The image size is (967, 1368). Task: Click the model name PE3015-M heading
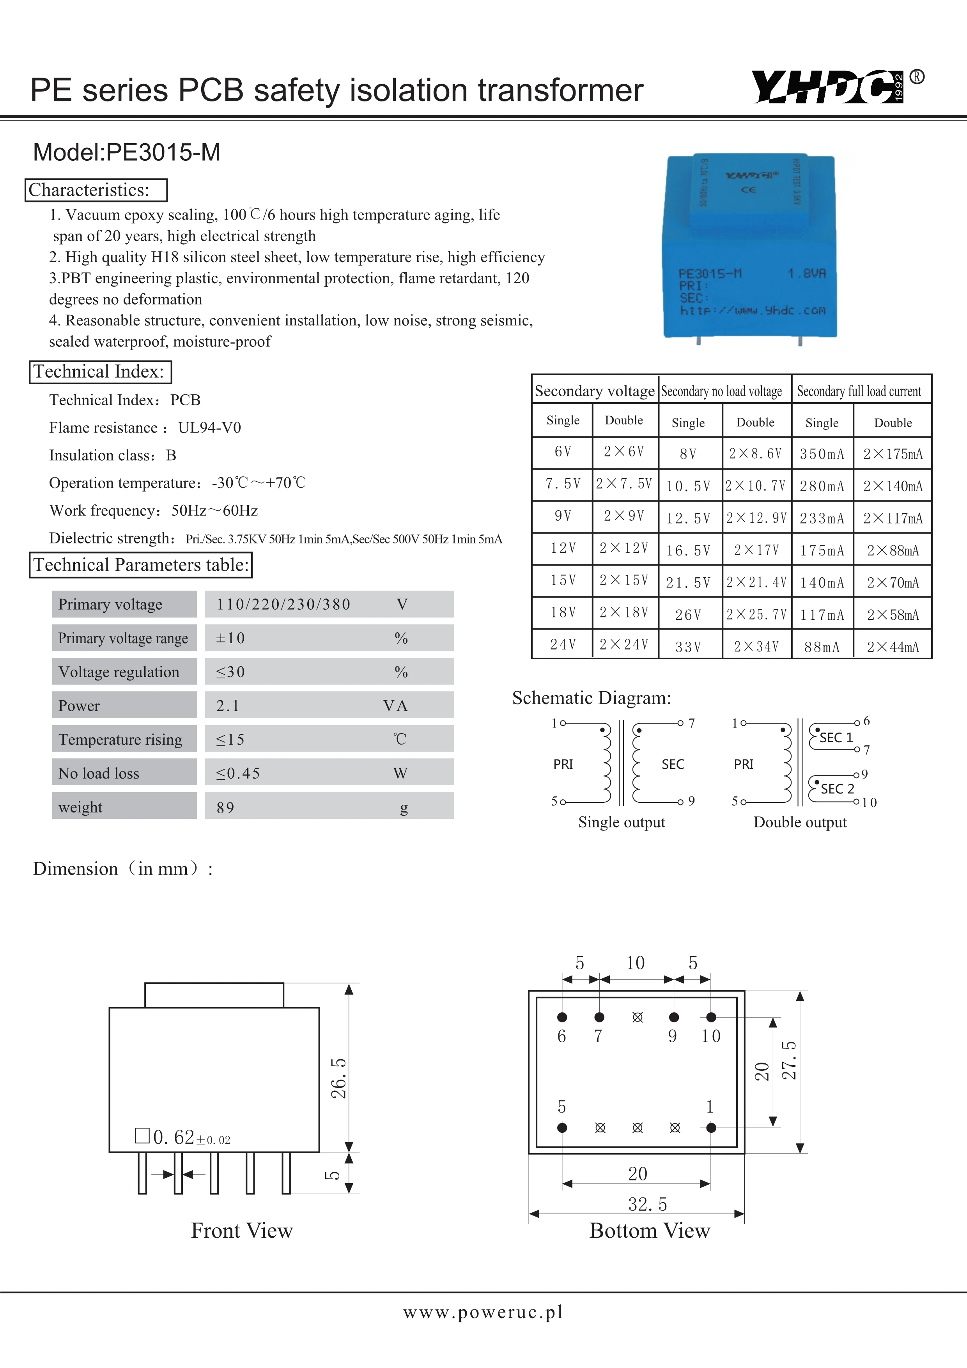click(126, 153)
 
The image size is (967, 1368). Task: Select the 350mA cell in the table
click(822, 454)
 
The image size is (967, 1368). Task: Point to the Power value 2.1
click(228, 706)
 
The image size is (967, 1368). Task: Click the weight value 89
click(226, 808)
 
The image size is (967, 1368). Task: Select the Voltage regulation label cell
click(119, 672)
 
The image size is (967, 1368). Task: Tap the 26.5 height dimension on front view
click(338, 1079)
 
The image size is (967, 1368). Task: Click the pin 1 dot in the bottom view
click(711, 1127)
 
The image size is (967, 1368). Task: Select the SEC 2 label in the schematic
click(837, 789)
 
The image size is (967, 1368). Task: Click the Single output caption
click(621, 822)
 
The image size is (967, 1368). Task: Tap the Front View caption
click(242, 1230)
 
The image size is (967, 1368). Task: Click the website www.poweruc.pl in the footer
click(483, 1312)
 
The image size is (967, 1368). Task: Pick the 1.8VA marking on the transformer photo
click(806, 273)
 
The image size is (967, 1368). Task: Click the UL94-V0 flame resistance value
click(210, 428)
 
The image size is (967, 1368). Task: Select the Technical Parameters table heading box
click(140, 565)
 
